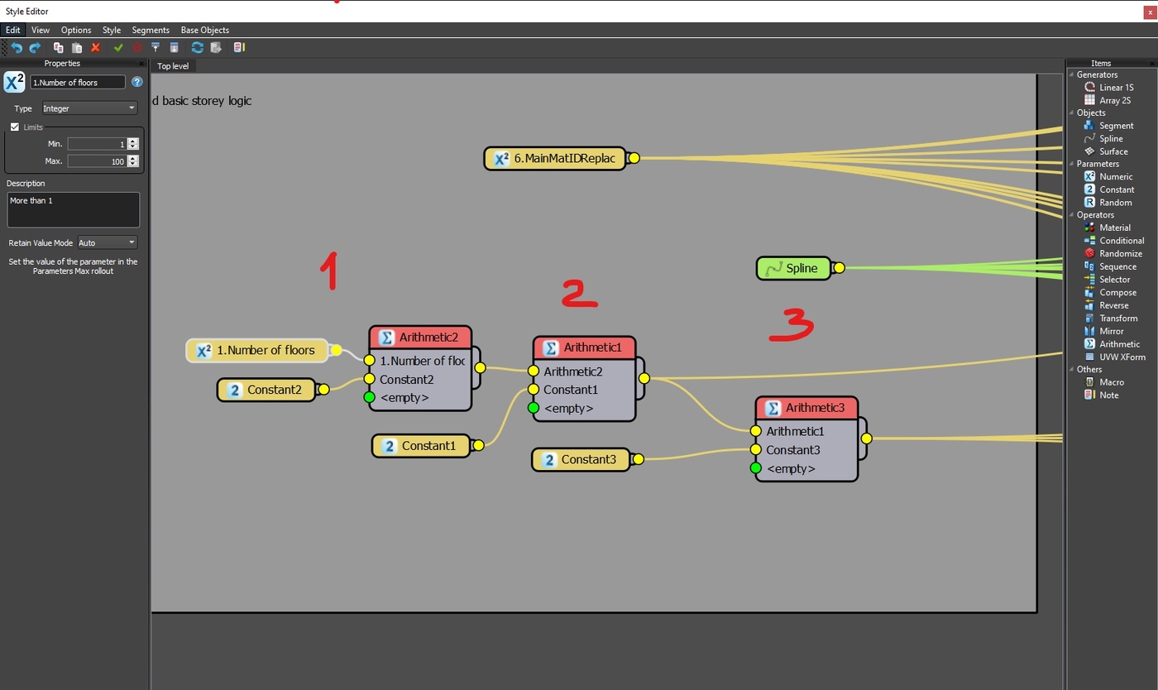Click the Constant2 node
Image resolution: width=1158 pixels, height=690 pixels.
(x=266, y=390)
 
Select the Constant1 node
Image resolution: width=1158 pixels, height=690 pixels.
(x=421, y=445)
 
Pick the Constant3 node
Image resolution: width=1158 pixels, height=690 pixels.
(x=581, y=459)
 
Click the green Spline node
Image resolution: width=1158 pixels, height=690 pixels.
(x=793, y=268)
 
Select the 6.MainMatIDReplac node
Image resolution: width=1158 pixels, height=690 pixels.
(x=555, y=158)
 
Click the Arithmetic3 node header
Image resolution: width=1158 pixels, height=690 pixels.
(x=806, y=408)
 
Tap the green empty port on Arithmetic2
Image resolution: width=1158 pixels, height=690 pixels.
(x=369, y=397)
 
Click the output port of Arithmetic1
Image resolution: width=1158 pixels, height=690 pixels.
(x=644, y=378)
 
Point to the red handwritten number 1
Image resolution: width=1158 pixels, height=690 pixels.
(x=329, y=271)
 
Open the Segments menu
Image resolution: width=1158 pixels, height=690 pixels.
(x=151, y=30)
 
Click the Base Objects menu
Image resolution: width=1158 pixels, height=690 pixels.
(x=205, y=30)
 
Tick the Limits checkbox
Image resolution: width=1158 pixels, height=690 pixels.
(x=15, y=127)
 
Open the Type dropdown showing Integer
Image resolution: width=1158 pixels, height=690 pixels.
(x=89, y=108)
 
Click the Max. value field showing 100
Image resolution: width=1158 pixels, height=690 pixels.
(x=98, y=161)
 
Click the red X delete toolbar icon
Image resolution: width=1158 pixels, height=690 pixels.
(x=96, y=48)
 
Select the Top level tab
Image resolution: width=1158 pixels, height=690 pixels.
(x=173, y=66)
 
